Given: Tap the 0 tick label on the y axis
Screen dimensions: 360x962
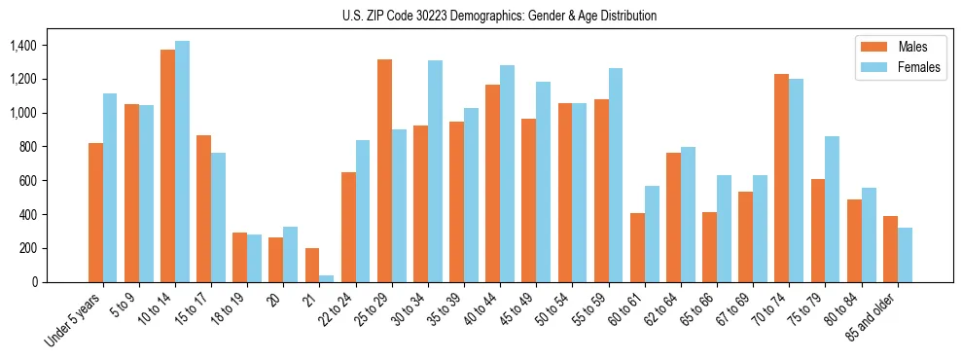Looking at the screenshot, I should (34, 282).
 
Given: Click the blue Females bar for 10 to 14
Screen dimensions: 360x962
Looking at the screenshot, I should (182, 162).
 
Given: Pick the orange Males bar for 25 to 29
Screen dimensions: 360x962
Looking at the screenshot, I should (384, 171).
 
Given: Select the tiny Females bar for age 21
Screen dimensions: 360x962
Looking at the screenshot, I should (327, 278).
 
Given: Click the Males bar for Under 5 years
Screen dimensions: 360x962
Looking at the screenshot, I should (95, 212).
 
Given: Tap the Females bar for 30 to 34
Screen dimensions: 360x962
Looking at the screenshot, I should (435, 171).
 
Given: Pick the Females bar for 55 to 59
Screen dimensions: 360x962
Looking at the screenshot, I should (616, 175).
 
